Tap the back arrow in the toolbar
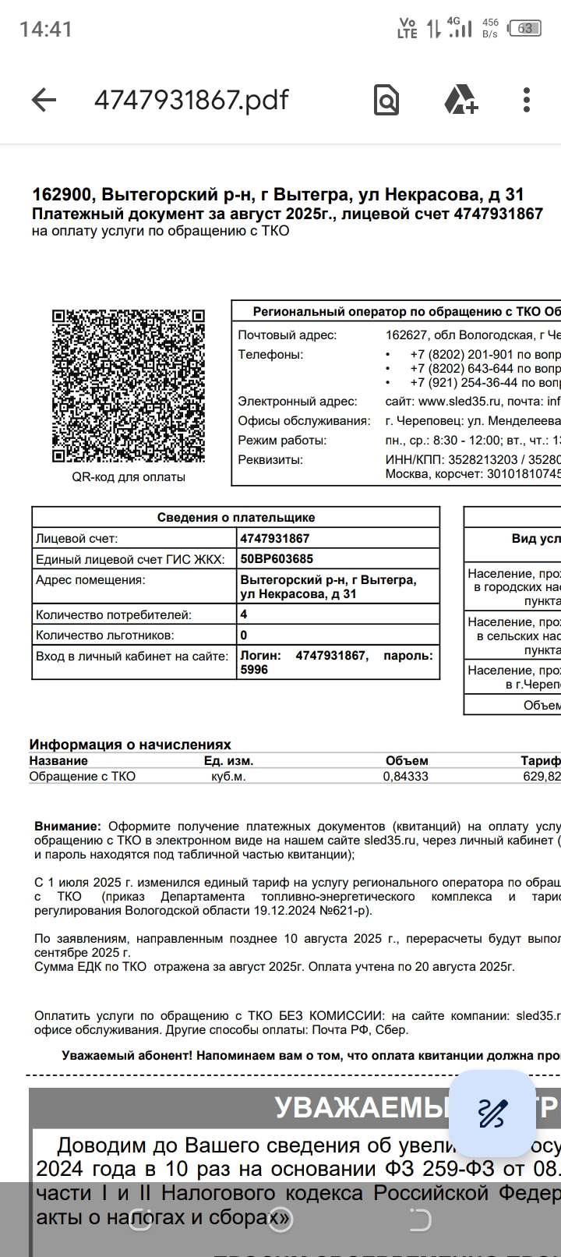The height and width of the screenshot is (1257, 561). tap(44, 100)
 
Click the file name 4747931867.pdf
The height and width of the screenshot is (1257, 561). tap(191, 100)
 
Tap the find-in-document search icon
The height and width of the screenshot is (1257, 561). tap(386, 100)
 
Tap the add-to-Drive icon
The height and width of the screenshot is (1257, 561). tap(460, 100)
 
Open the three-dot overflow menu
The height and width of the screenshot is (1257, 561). tap(527, 100)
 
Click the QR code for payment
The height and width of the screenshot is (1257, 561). tap(129, 386)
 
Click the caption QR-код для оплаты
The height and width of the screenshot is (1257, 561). tap(129, 477)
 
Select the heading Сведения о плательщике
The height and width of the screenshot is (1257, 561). tap(235, 518)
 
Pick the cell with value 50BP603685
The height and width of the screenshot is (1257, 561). tap(277, 559)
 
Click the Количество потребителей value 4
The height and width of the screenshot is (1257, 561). tap(244, 614)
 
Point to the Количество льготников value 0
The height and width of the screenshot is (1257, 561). tap(244, 636)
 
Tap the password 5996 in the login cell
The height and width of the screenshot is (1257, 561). tap(254, 670)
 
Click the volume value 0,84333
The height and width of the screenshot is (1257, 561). tap(405, 777)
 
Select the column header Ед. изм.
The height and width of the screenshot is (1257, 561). tap(228, 761)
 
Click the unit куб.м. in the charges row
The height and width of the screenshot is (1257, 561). tap(228, 777)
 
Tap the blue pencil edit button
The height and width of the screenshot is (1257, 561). tap(492, 1113)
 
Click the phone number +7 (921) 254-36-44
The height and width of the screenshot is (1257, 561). tap(463, 383)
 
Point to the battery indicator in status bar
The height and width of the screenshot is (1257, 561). tap(525, 29)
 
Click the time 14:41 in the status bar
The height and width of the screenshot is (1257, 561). tap(46, 30)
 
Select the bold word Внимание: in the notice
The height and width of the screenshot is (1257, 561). tap(68, 827)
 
